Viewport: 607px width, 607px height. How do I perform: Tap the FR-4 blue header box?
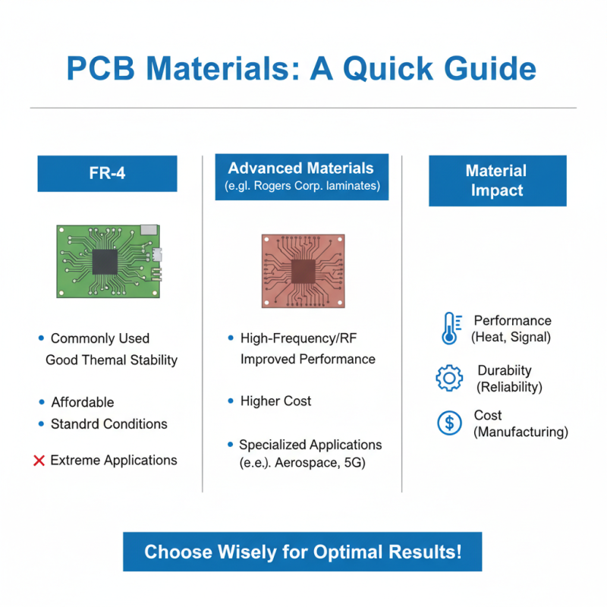[107, 173]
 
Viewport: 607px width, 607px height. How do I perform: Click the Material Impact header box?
[497, 181]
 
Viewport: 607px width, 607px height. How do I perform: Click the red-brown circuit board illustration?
[303, 270]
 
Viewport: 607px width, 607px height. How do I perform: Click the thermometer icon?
[449, 329]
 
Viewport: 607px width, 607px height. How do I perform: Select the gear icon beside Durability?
[449, 378]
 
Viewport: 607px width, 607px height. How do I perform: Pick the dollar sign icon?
[449, 423]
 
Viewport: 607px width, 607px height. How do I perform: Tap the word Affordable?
[82, 402]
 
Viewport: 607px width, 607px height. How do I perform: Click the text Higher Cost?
[275, 401]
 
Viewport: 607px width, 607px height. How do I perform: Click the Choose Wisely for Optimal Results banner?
[302, 552]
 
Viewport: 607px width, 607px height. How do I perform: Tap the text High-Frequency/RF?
[297, 338]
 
